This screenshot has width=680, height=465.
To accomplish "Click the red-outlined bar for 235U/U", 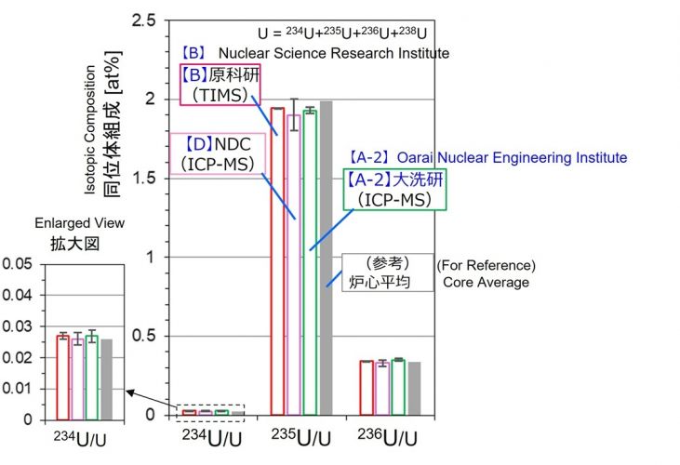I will pos(277,260).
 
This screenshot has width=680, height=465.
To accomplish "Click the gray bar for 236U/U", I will pos(414,388).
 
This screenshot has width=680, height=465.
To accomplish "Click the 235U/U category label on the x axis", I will pos(301,434).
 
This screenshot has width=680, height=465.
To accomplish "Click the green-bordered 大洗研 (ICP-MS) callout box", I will pos(393,190).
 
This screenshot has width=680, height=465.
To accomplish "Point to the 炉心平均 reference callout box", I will pos(389,272).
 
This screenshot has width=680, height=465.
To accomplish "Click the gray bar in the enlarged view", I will pos(107,379).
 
